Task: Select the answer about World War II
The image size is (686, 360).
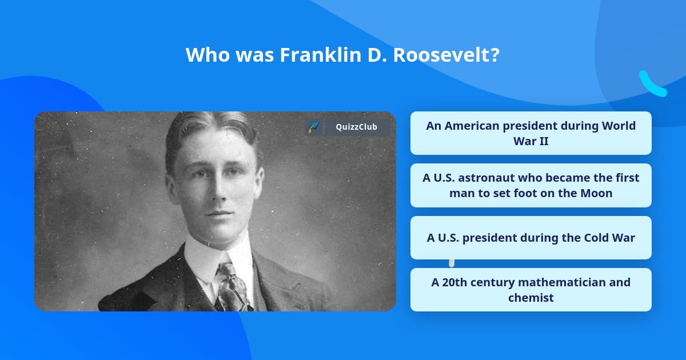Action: tap(531, 133)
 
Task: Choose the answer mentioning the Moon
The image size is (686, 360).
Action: tap(531, 185)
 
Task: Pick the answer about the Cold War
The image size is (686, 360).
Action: tap(531, 238)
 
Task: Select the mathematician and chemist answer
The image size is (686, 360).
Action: tap(531, 290)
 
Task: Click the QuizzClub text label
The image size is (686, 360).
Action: tap(356, 127)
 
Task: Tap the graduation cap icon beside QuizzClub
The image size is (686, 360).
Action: tap(313, 127)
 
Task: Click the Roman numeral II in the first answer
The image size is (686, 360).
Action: tap(542, 141)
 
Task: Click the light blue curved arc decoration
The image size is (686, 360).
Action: tap(652, 85)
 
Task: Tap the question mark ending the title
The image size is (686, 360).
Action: tap(495, 55)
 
